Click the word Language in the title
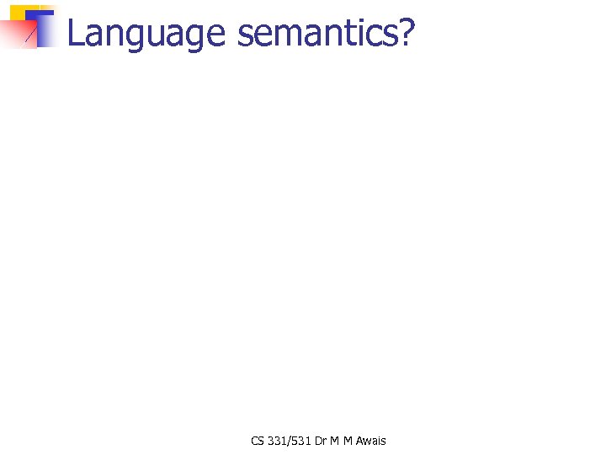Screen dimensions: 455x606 point(146,35)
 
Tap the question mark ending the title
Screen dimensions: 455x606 point(407,33)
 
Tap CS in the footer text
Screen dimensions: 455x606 point(257,441)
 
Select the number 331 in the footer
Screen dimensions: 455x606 point(277,441)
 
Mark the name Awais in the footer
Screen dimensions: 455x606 point(370,441)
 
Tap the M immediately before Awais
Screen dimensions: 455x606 point(348,441)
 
